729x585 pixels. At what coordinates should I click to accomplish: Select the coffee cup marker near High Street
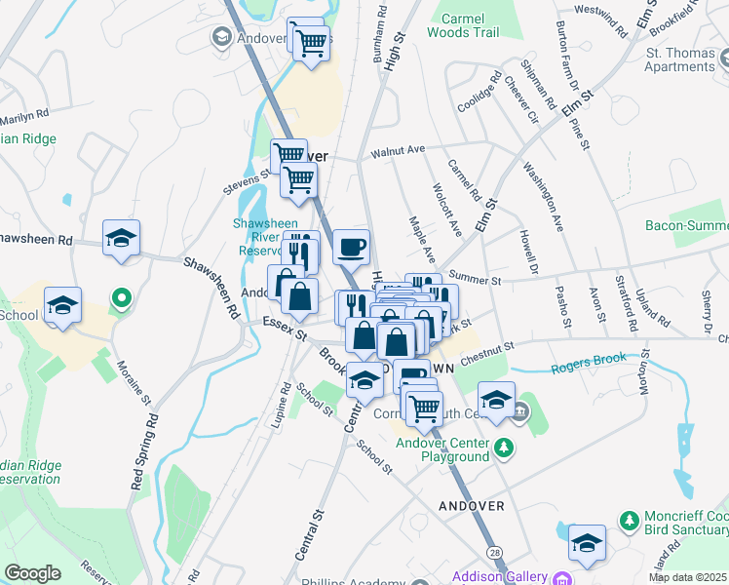coord(352,247)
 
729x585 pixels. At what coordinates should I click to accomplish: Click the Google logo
coord(32,572)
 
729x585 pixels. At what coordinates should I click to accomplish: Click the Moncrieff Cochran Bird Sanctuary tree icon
coord(630,519)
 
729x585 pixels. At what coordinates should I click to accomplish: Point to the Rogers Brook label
coord(589,363)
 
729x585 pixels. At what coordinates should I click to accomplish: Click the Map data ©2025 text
coord(687,577)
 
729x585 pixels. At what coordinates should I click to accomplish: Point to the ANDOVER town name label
coord(472,506)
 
